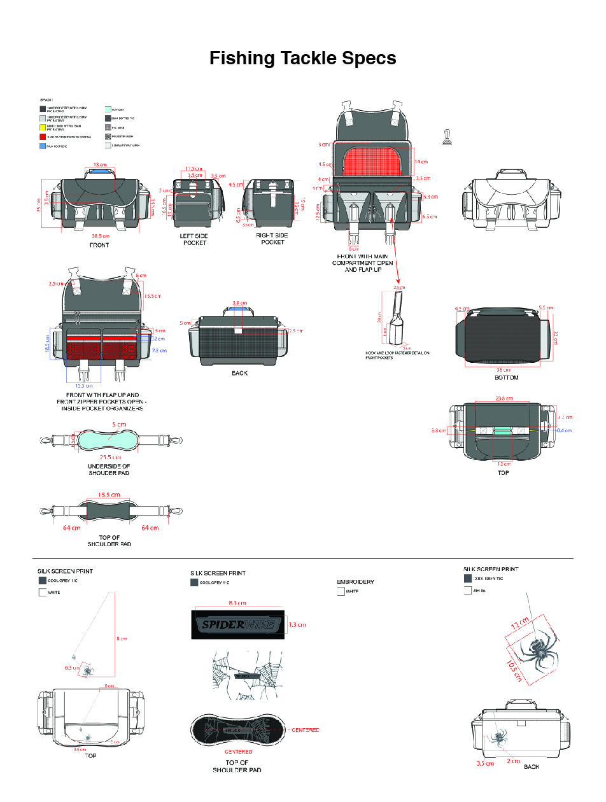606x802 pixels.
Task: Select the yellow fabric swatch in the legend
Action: [x=43, y=127]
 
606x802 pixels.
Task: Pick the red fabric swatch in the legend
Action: [x=43, y=137]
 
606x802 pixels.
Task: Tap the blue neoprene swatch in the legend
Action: [x=43, y=146]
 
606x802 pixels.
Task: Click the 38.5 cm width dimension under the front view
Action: [x=100, y=236]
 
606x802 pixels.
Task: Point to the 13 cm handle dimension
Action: [x=100, y=165]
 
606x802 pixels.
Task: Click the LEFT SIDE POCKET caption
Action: [x=194, y=239]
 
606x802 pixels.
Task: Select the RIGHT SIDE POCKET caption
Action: [x=272, y=239]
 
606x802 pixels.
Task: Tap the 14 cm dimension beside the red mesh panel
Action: [x=421, y=162]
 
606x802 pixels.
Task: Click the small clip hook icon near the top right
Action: [x=448, y=136]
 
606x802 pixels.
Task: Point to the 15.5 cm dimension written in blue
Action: [x=84, y=385]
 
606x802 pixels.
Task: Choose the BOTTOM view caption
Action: [x=507, y=377]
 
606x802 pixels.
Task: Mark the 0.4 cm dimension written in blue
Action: [x=564, y=431]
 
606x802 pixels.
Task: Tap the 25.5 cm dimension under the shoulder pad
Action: [x=109, y=457]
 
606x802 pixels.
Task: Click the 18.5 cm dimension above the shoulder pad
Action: [x=109, y=495]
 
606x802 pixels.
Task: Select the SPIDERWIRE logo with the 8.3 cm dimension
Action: [x=237, y=624]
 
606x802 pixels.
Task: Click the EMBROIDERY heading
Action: [x=355, y=582]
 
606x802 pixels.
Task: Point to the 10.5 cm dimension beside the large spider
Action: [x=516, y=670]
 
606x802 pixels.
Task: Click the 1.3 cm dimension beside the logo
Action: [x=298, y=624]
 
